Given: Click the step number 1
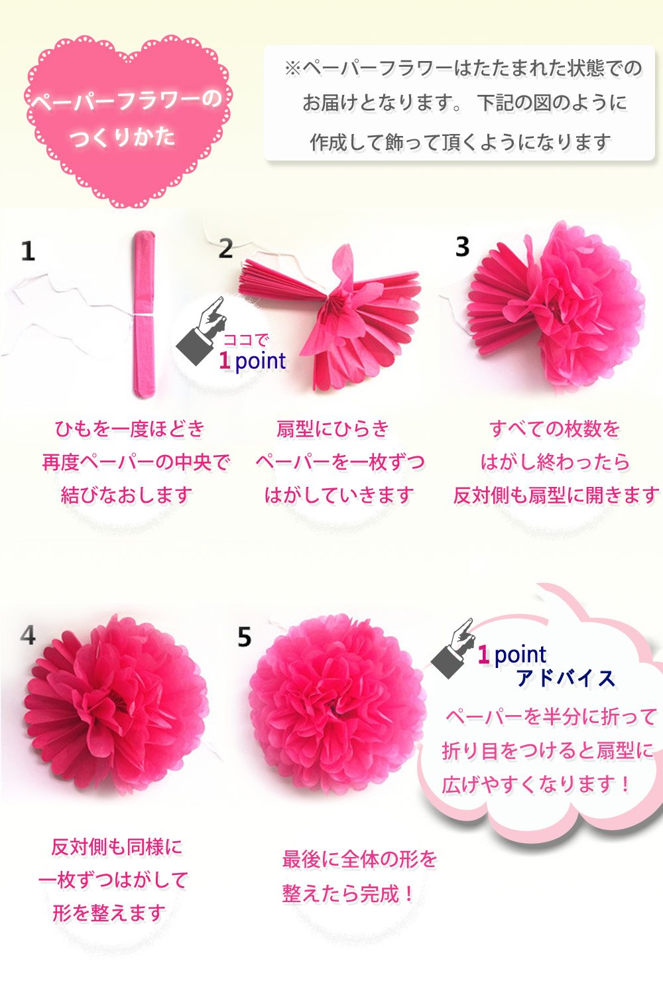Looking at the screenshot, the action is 28,251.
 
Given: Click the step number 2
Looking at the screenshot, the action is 225,248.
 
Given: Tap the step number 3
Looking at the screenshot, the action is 462,247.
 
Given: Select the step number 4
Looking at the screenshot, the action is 28,635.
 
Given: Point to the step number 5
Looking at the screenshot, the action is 244,637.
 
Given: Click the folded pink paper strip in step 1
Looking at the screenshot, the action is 144,314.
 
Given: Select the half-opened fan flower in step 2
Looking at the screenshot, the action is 331,318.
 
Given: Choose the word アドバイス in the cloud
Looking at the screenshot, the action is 566,679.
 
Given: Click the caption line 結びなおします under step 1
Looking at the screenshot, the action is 127,496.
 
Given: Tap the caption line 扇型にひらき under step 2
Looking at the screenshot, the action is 333,429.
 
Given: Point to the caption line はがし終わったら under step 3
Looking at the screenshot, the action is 555,462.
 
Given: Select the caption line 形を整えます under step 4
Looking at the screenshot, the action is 109,913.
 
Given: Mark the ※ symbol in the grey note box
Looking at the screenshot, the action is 293,68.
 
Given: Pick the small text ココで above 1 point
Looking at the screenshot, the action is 245,340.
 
